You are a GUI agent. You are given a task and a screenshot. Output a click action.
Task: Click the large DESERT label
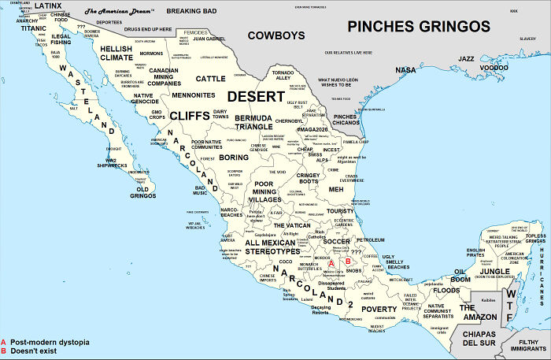pyautogui.click(x=256, y=96)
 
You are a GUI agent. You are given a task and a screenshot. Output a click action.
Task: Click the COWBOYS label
pyautogui.click(x=275, y=35)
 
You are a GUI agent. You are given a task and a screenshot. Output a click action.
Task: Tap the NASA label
pyautogui.click(x=405, y=70)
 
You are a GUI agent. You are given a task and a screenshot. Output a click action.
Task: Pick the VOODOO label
pyautogui.click(x=494, y=68)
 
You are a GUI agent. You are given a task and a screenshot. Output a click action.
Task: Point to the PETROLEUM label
pyautogui.click(x=370, y=239)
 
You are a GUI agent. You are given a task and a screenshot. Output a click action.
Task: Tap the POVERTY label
pyautogui.click(x=379, y=309)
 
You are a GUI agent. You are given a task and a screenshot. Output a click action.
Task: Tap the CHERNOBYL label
pyautogui.click(x=289, y=121)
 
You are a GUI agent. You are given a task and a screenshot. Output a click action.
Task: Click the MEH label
pyautogui.click(x=335, y=190)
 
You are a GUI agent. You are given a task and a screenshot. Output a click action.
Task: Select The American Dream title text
pyautogui.click(x=119, y=12)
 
